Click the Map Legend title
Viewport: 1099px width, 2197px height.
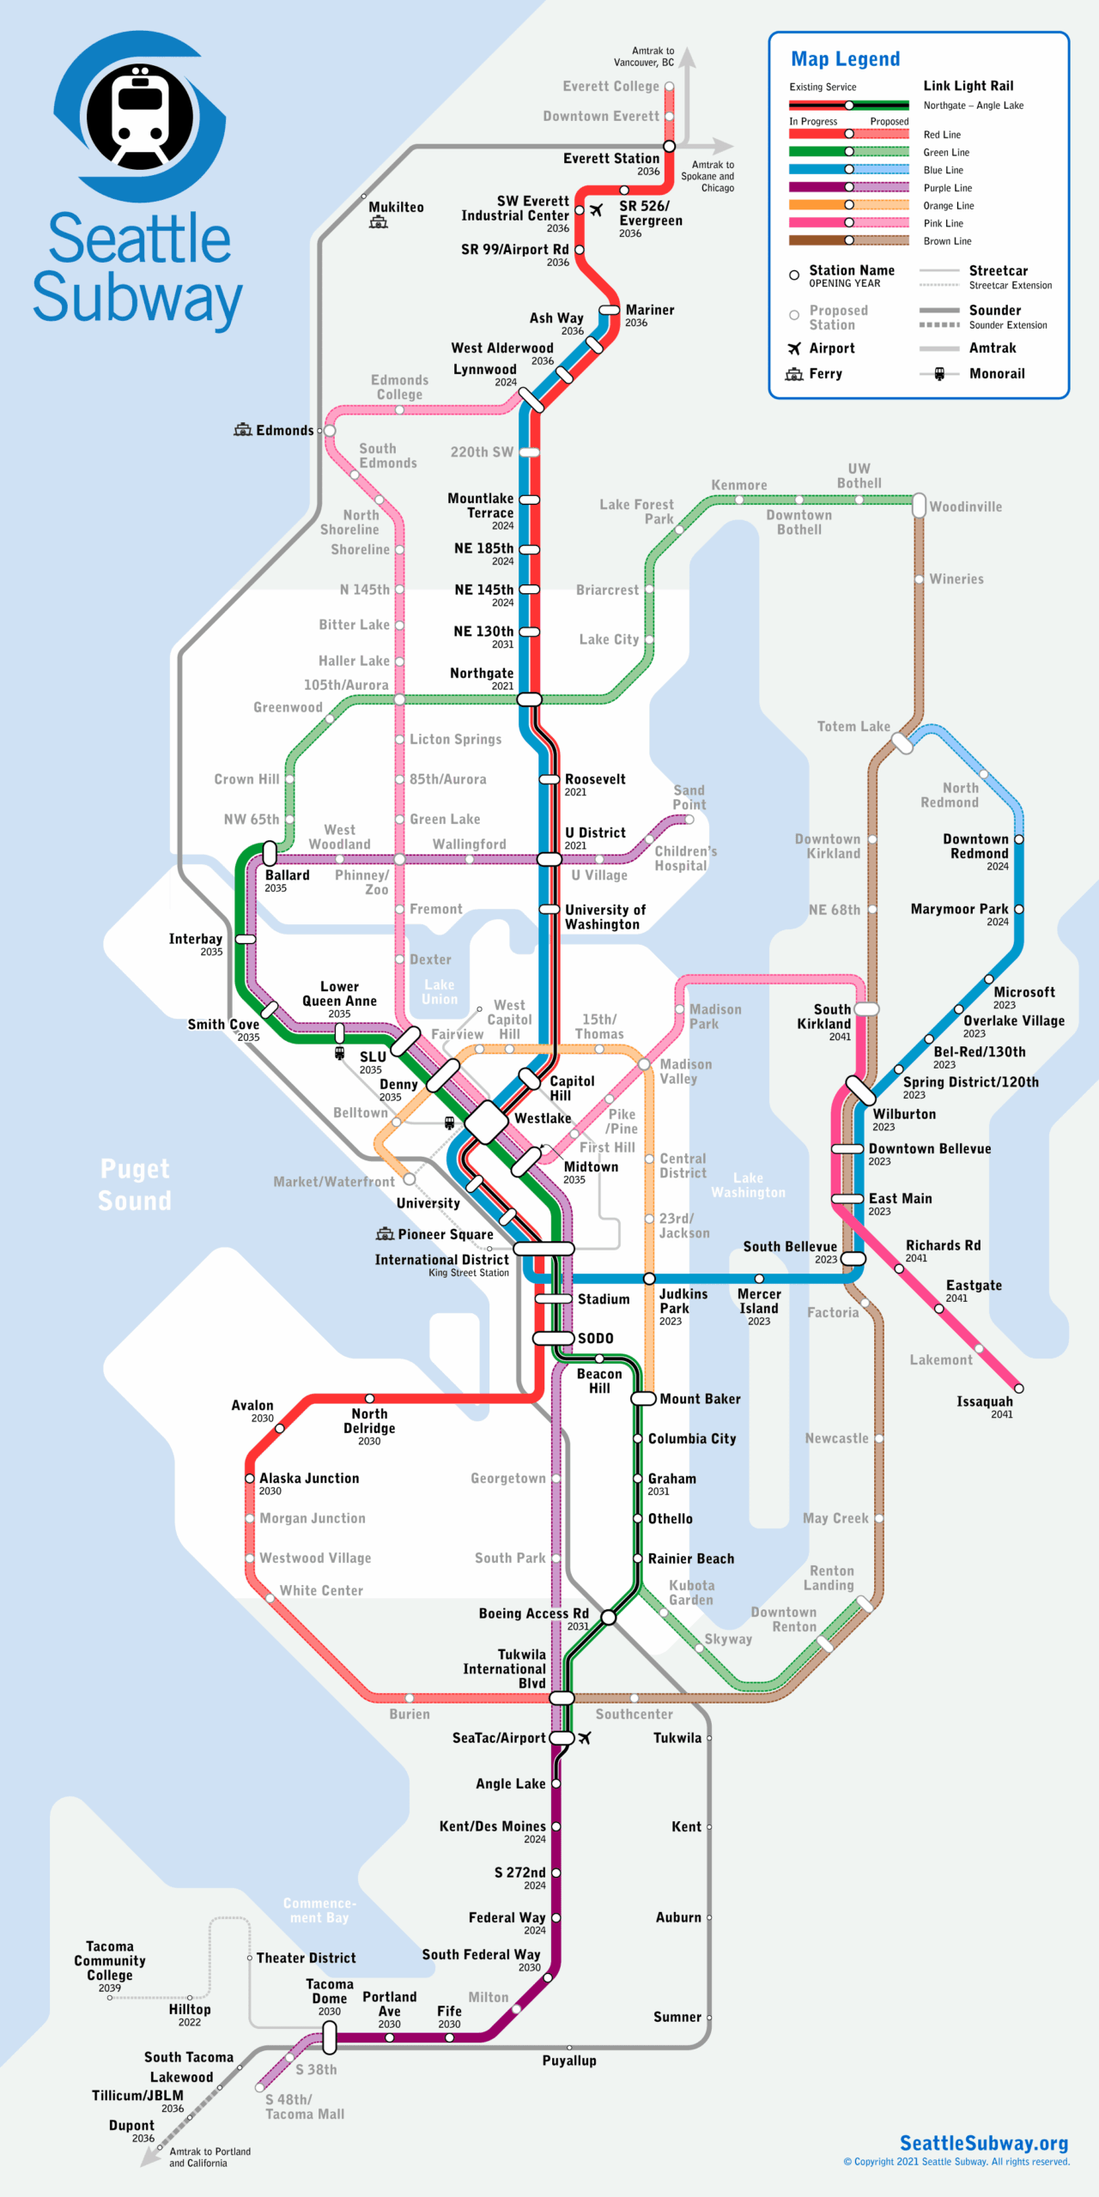click(845, 59)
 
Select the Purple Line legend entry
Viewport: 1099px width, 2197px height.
click(948, 188)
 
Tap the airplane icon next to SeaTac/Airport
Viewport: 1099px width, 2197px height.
click(585, 1738)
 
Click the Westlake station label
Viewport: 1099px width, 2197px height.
click(542, 1118)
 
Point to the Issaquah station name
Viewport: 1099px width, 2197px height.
click(984, 1401)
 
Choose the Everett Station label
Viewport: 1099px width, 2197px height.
click(610, 159)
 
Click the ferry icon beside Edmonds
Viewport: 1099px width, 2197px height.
click(243, 430)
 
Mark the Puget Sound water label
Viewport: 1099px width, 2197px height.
click(135, 1184)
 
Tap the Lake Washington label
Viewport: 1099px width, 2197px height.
click(748, 1185)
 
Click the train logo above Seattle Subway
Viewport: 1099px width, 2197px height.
click(140, 117)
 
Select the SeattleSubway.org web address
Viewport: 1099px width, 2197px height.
click(983, 2143)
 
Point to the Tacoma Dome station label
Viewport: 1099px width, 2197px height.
click(330, 1991)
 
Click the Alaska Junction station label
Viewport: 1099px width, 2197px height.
click(309, 1478)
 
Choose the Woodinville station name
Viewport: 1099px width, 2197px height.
click(965, 506)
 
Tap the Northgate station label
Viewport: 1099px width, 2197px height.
click(481, 673)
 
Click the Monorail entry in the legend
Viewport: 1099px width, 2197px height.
click(996, 373)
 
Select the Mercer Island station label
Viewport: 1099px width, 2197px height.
click(759, 1301)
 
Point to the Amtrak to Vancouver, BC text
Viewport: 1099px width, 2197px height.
click(644, 57)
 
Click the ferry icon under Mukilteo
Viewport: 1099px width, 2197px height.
click(379, 223)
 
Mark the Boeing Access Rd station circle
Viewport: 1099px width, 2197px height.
click(608, 1618)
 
